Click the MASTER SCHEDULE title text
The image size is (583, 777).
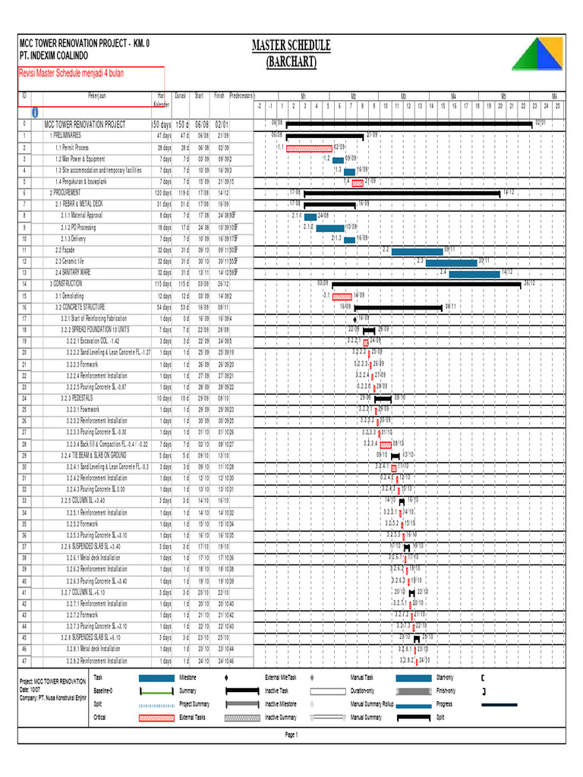(x=291, y=46)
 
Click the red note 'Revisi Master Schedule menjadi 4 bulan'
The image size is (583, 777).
(x=71, y=73)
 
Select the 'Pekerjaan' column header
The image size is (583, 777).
(x=96, y=96)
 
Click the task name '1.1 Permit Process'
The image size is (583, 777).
(x=72, y=147)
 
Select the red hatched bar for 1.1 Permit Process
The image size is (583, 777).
(x=308, y=148)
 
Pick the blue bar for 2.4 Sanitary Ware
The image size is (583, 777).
(x=474, y=272)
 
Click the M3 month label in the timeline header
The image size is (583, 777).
(x=404, y=96)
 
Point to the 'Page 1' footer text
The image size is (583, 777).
(x=291, y=735)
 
